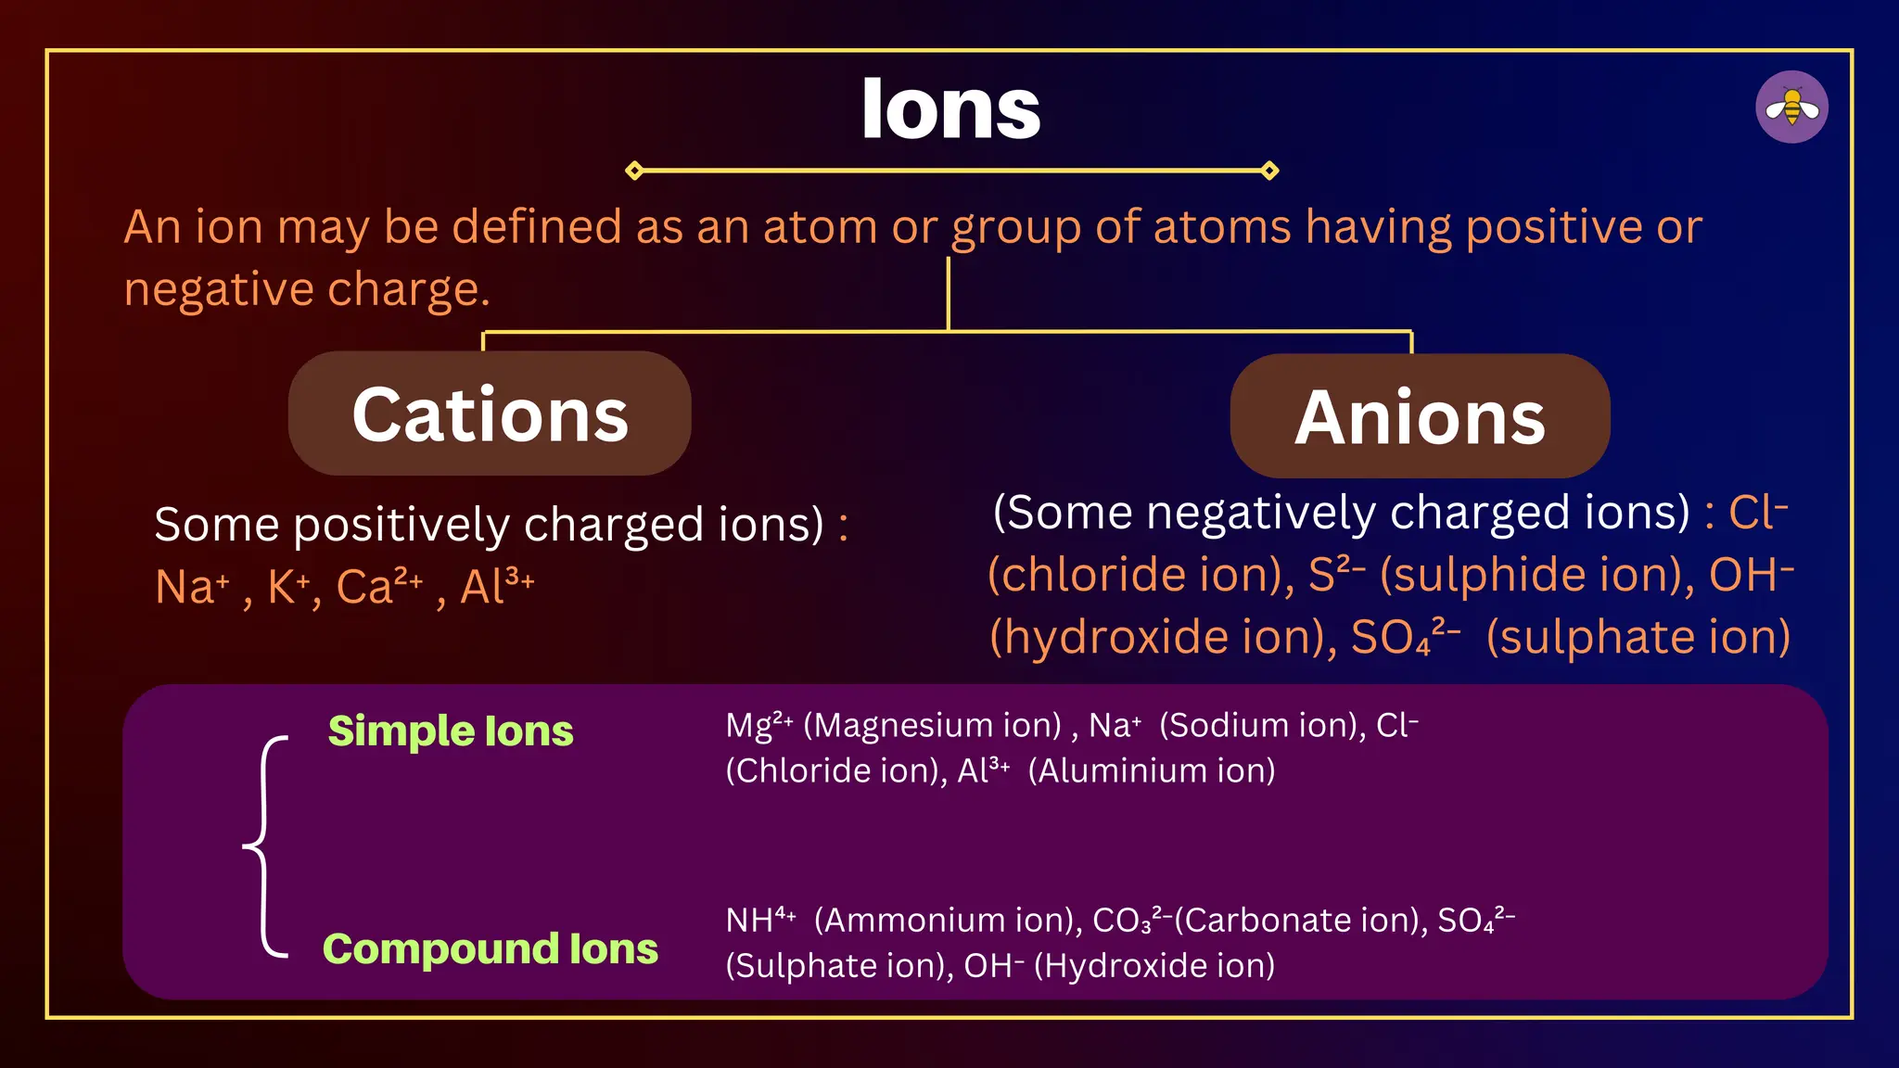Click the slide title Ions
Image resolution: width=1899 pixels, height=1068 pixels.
tap(950, 109)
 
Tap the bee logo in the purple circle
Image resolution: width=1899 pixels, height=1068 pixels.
tap(1791, 108)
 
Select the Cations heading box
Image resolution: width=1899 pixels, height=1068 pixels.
tap(490, 413)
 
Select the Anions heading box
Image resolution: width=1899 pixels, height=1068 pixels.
tap(1420, 416)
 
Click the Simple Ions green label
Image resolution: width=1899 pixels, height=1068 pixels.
tap(451, 731)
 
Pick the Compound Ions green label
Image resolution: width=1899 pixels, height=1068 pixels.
tap(490, 948)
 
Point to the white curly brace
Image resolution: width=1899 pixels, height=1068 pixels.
tap(266, 845)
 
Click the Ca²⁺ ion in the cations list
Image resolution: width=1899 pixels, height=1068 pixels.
tap(378, 586)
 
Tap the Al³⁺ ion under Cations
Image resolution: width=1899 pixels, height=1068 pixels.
tap(497, 586)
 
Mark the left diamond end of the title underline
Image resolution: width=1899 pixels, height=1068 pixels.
tap(634, 171)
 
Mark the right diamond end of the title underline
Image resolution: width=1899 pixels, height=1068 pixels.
tap(1270, 171)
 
